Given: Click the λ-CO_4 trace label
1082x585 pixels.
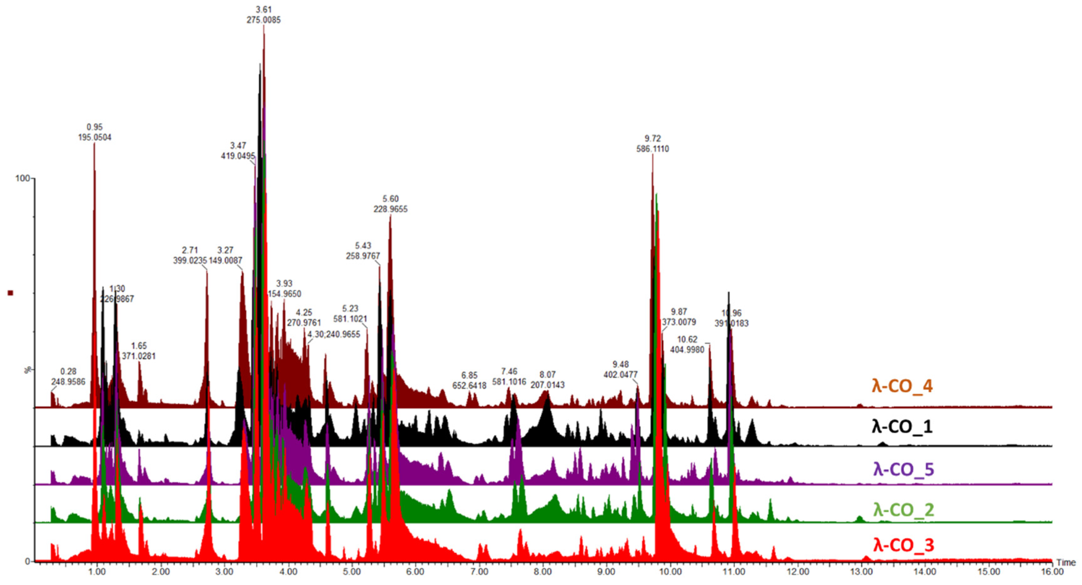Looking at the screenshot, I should tap(902, 386).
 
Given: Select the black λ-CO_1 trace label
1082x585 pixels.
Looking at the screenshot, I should tap(902, 427).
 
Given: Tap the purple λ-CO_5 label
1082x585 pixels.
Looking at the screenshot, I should tap(903, 469).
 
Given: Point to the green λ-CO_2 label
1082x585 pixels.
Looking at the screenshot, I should tap(903, 509).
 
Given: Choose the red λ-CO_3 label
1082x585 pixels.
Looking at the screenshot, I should tap(903, 545).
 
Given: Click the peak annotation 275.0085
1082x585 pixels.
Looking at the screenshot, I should tap(263, 20).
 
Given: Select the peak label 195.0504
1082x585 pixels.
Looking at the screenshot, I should tap(95, 137).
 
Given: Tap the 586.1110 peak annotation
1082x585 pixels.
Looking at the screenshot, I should tap(652, 149).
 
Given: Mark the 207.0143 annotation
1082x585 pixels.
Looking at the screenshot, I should tap(547, 385).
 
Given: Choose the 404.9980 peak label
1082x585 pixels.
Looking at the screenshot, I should tap(687, 349).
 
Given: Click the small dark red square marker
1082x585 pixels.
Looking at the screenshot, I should tap(11, 293).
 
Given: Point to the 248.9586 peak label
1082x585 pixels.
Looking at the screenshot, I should tap(68, 382).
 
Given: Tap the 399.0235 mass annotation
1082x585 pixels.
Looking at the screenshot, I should tap(190, 261).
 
